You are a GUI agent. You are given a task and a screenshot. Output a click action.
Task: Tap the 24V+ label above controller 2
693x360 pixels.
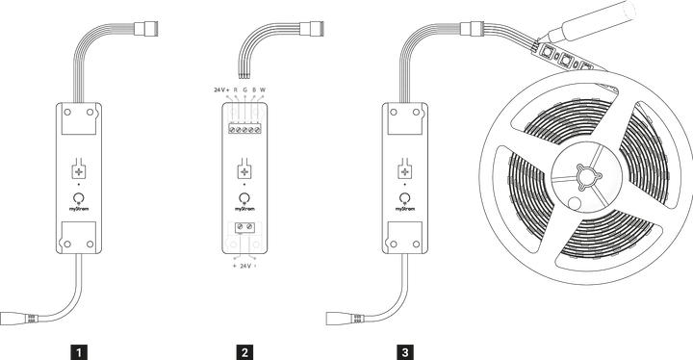[221, 90]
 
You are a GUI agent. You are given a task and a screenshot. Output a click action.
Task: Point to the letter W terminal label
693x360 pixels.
[262, 90]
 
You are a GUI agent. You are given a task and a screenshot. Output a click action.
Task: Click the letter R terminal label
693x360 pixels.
[236, 90]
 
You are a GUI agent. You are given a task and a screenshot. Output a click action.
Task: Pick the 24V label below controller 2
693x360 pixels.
[245, 265]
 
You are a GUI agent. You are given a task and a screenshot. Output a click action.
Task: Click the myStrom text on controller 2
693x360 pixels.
[245, 207]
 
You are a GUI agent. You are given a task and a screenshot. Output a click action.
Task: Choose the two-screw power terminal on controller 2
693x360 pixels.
[245, 229]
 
